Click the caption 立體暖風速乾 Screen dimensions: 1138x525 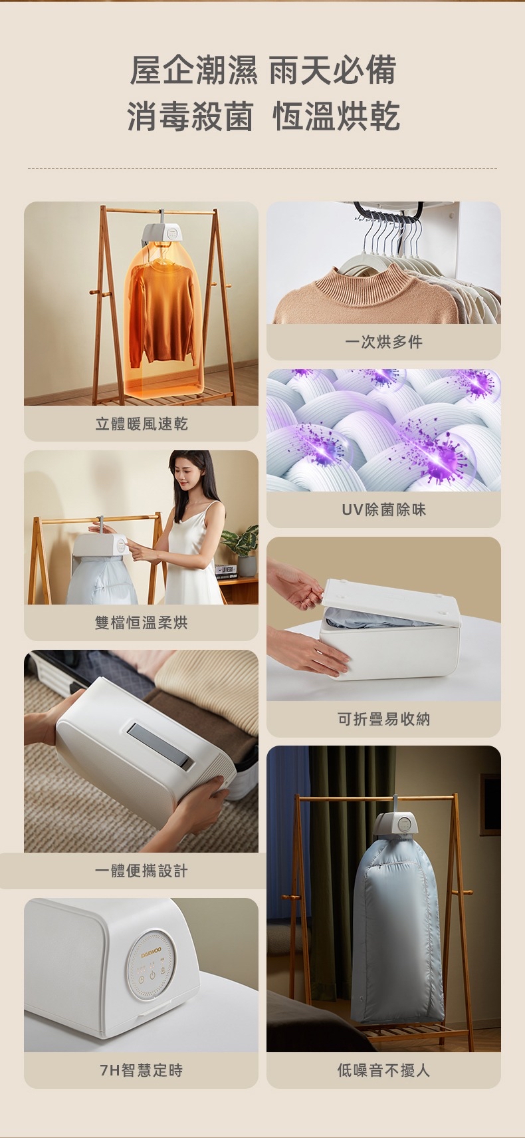pyautogui.click(x=141, y=424)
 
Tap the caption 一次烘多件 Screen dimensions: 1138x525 pyautogui.click(x=383, y=342)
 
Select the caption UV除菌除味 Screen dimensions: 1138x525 pyautogui.click(x=383, y=509)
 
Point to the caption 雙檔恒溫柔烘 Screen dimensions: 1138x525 pyautogui.click(x=141, y=623)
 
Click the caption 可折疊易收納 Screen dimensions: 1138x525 pyautogui.click(x=383, y=719)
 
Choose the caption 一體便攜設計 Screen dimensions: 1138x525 pyautogui.click(x=141, y=871)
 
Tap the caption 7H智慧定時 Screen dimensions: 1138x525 pyautogui.click(x=141, y=1070)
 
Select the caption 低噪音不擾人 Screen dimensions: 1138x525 pyautogui.click(x=383, y=1070)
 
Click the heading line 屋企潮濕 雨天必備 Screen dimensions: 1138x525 pyautogui.click(x=262, y=71)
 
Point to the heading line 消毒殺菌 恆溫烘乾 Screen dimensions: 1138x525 pyautogui.click(x=262, y=116)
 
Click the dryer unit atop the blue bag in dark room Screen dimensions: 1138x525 pyautogui.click(x=396, y=825)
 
